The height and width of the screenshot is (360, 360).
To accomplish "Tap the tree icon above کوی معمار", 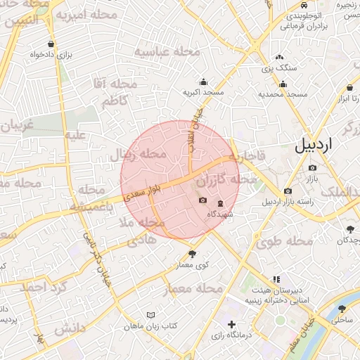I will click(x=192, y=254).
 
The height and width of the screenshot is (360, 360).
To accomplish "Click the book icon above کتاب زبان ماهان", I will click(x=150, y=315).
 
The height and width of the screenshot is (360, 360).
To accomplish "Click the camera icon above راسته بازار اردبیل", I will click(x=288, y=191).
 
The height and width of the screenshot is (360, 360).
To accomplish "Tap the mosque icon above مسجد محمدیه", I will click(x=283, y=84).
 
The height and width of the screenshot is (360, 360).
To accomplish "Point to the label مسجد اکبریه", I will click(x=203, y=92).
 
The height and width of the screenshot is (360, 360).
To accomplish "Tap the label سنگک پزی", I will click(x=279, y=68).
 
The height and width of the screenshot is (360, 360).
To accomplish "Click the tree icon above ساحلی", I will click(x=342, y=309).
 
